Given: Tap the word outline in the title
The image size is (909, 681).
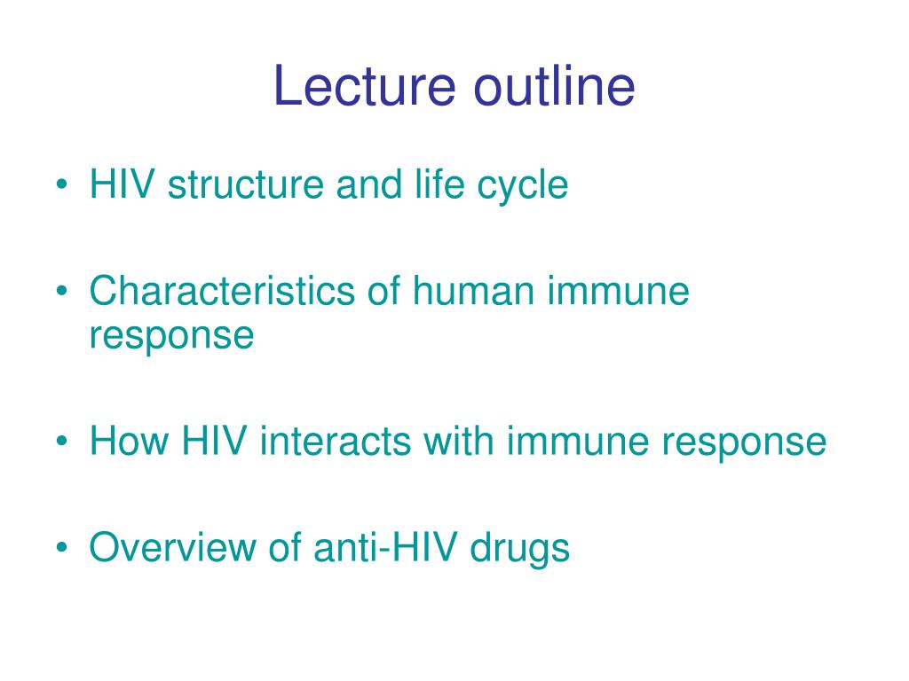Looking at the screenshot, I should (554, 87).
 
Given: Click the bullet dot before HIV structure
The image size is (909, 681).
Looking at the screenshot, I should (61, 186).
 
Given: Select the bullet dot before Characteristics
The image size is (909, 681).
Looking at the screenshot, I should (61, 293).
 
